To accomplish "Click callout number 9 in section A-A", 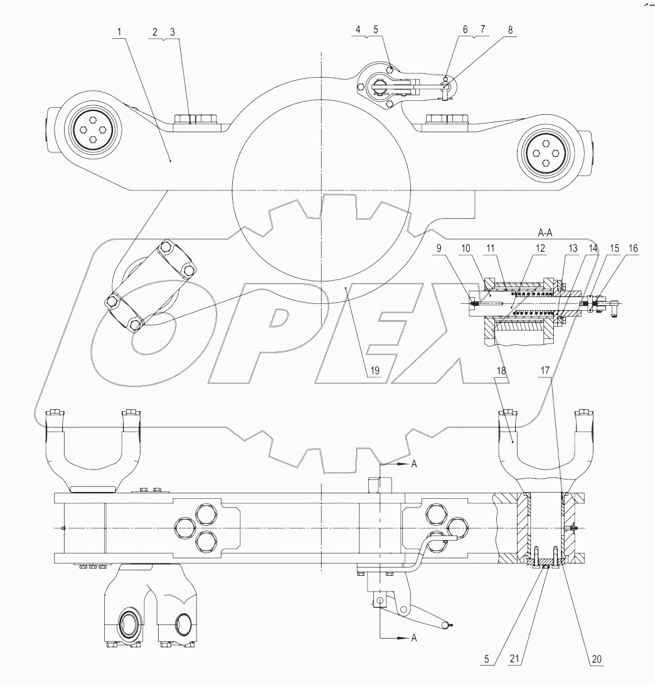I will coord(439,248).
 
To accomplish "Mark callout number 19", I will coord(373,370).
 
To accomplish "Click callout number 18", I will coord(501,370).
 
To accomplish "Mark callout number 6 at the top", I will coord(466,30).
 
